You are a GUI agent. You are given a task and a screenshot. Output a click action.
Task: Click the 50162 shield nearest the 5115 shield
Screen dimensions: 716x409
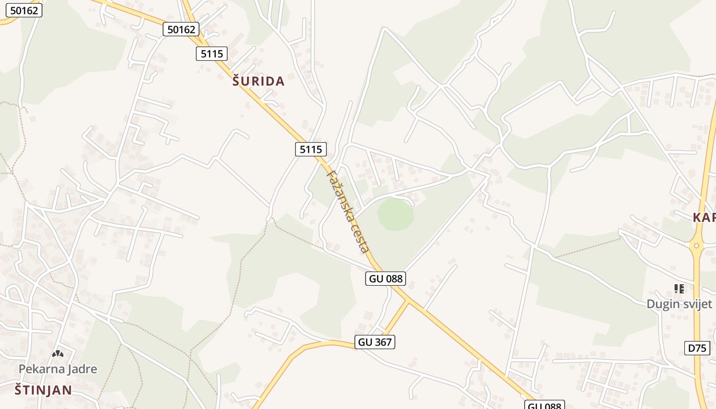181,29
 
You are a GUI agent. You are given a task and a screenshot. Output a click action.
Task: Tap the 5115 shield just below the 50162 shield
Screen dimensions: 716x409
211,53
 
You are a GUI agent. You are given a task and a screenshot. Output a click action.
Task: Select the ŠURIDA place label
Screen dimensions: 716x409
258,81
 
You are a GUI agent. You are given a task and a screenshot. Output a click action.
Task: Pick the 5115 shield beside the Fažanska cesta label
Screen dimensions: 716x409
311,149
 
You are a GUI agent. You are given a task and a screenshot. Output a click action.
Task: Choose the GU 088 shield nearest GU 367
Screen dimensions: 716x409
386,278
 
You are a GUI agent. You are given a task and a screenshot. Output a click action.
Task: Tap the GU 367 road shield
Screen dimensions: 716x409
375,342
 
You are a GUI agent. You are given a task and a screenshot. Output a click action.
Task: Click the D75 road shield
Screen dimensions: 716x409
697,348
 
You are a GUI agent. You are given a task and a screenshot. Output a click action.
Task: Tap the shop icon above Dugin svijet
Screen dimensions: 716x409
679,289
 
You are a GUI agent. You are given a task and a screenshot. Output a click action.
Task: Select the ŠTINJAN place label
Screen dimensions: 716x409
43,390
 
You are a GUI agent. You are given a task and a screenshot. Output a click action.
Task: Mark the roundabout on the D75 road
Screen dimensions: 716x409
696,246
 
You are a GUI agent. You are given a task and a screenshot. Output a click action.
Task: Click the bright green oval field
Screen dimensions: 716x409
396,214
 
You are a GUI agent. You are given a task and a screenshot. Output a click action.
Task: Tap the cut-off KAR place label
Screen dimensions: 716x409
704,217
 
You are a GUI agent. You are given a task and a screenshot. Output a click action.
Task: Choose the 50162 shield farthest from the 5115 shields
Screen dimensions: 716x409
24,10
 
